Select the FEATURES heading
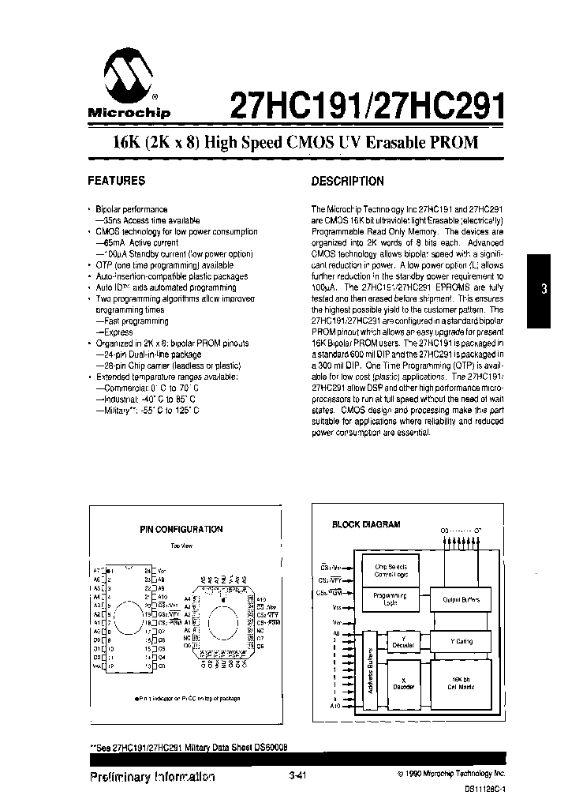click(x=116, y=181)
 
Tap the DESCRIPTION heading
click(x=347, y=182)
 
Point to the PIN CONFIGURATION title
click(x=181, y=530)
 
